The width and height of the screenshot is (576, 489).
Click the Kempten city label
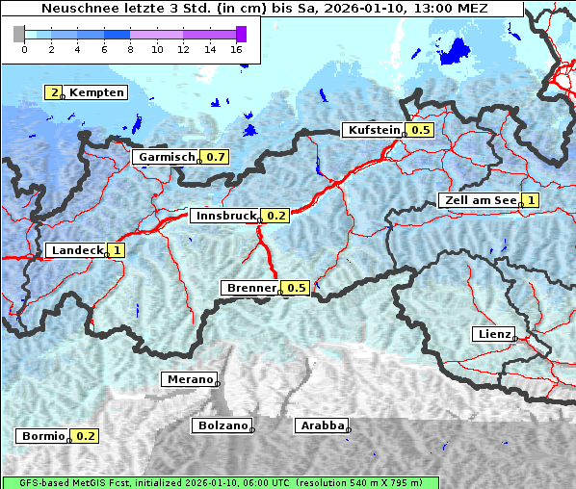(x=96, y=92)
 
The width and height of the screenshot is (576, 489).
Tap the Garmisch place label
(x=166, y=157)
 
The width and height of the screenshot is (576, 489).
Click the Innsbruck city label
(x=225, y=216)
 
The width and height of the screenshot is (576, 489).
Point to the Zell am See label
(x=479, y=200)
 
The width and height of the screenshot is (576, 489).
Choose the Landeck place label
(x=76, y=250)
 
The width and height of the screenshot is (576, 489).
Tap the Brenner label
(x=250, y=288)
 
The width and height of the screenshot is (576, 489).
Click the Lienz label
(x=493, y=334)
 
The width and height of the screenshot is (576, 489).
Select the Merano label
(x=189, y=379)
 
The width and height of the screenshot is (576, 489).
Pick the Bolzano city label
(x=223, y=425)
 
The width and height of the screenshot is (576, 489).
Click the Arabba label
(x=322, y=425)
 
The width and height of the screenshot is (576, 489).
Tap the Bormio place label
(x=42, y=436)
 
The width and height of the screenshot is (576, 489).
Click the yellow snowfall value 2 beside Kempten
(x=55, y=92)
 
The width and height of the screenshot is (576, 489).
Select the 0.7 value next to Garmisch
(x=216, y=157)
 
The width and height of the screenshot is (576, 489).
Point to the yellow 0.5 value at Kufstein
(x=420, y=130)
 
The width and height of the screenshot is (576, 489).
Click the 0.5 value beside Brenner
(x=296, y=288)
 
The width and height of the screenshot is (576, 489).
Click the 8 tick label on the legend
(x=130, y=49)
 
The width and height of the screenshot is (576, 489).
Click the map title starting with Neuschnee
(x=264, y=9)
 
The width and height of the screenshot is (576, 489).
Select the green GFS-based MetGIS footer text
(x=220, y=482)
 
